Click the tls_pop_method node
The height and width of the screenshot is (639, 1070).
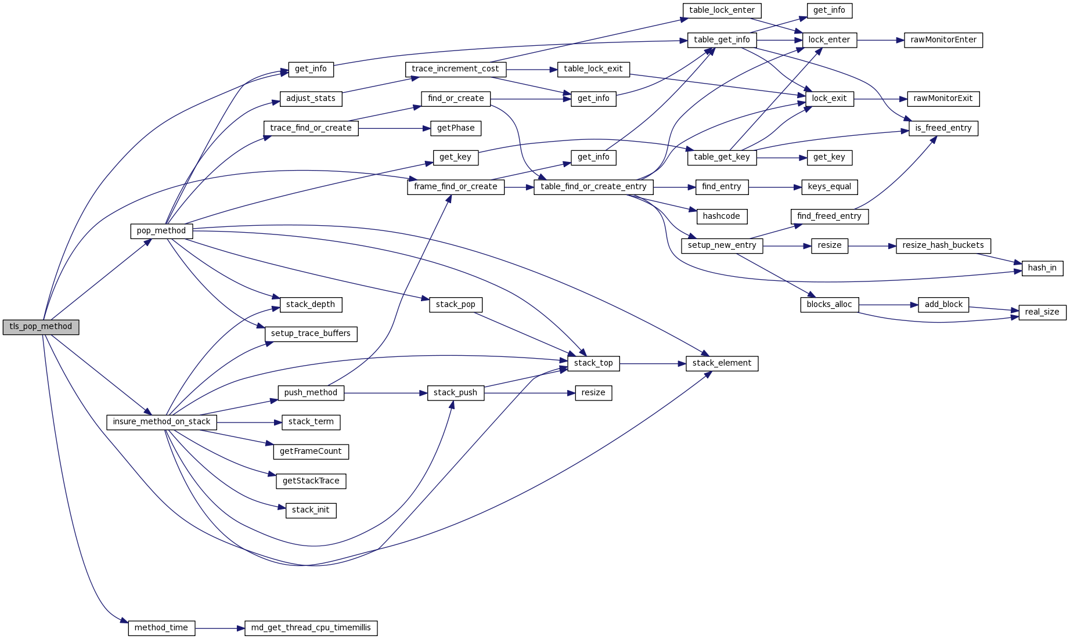coord(41,327)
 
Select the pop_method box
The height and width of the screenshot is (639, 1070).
coord(161,231)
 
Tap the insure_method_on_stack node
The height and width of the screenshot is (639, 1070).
coord(161,422)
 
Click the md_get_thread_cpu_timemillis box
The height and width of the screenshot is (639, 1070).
coord(311,628)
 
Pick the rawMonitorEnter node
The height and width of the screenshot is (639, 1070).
coord(943,40)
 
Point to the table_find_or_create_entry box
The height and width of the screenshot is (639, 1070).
coord(593,187)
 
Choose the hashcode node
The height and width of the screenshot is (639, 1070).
coord(721,216)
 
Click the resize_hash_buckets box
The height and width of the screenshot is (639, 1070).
coord(943,246)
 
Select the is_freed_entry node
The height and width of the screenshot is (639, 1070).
coord(943,128)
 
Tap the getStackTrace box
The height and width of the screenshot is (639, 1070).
coord(311,481)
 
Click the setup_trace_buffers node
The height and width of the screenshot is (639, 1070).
coord(311,334)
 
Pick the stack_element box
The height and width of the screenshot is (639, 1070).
coord(722,363)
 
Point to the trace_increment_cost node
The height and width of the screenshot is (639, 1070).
coord(455,69)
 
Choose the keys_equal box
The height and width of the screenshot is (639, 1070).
coord(829,187)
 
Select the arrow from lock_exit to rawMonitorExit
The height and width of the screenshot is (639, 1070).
coord(880,99)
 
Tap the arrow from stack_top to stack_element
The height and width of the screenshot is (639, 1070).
coord(653,364)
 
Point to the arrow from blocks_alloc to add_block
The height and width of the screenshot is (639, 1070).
coord(888,305)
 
